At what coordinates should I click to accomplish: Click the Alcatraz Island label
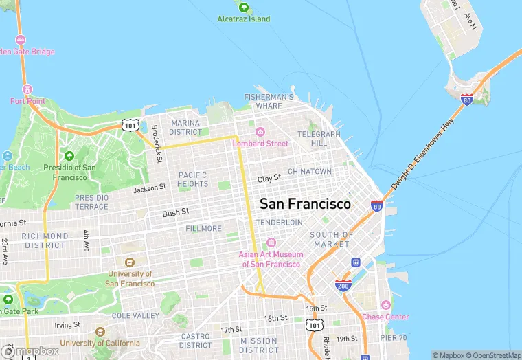pyautogui.click(x=244, y=19)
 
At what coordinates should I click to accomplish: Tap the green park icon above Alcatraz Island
pyautogui.click(x=244, y=7)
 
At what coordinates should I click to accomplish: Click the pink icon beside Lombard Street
pyautogui.click(x=260, y=132)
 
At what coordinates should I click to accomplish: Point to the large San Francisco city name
pyautogui.click(x=305, y=204)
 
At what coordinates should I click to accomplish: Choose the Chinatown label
pyautogui.click(x=309, y=171)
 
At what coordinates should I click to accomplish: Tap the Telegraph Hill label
pyautogui.click(x=319, y=138)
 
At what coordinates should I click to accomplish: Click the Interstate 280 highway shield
pyautogui.click(x=343, y=285)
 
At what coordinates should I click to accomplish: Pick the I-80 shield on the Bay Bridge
pyautogui.click(x=467, y=100)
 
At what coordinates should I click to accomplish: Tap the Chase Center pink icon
pyautogui.click(x=385, y=304)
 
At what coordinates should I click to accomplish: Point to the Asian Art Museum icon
pyautogui.click(x=270, y=243)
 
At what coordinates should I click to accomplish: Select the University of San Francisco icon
pyautogui.click(x=130, y=262)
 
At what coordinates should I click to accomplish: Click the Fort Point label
pyautogui.click(x=27, y=101)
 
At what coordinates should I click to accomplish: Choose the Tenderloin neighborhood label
pyautogui.click(x=279, y=223)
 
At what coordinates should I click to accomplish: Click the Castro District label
pyautogui.click(x=196, y=341)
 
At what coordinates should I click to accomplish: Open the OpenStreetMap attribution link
pyautogui.click(x=494, y=355)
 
